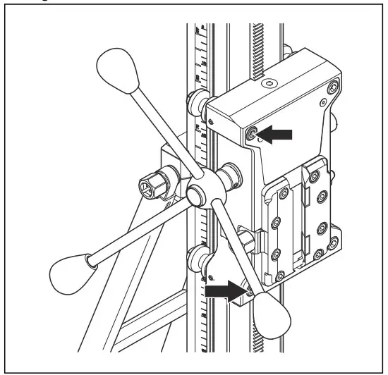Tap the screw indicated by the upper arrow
click(253, 133)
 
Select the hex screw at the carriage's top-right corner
click(330, 90)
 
